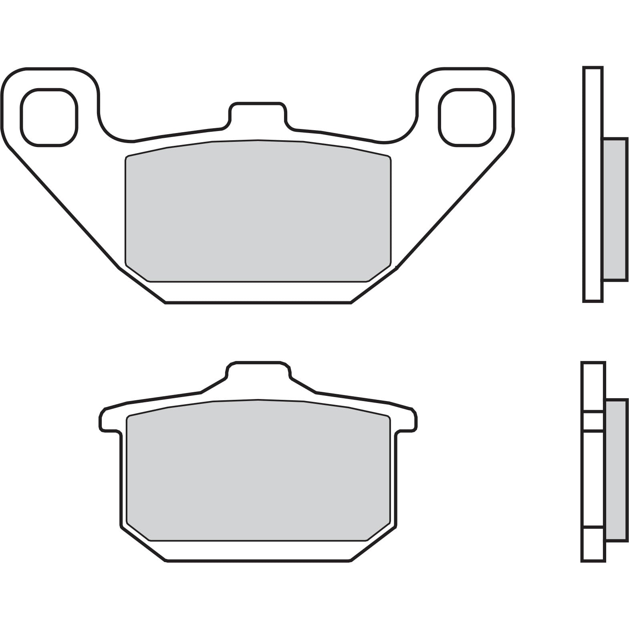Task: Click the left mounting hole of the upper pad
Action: [x=49, y=117]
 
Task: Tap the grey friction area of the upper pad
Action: [x=258, y=210]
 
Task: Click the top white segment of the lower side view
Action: [x=593, y=387]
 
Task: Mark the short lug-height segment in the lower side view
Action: [x=593, y=421]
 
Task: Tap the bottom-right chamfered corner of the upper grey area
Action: [x=379, y=272]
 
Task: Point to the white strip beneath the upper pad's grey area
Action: [x=258, y=291]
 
